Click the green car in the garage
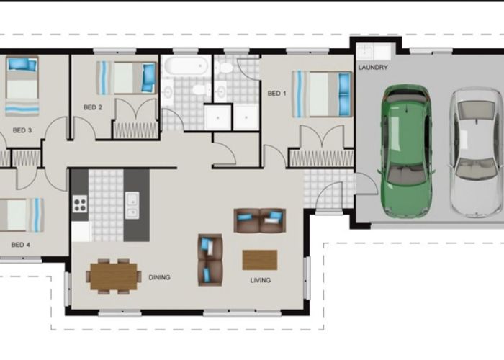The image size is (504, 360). (406, 151)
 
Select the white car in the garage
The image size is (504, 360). (476, 153)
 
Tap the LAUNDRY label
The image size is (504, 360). (373, 68)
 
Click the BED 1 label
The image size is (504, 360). (276, 94)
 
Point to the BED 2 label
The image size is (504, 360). (93, 107)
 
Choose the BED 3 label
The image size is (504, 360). (22, 130)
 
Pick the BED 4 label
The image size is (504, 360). (21, 245)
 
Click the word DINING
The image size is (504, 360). (159, 277)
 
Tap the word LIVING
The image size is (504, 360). (261, 280)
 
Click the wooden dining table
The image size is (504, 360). (114, 276)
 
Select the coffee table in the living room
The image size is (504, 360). (260, 260)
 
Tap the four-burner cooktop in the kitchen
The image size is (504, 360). (80, 204)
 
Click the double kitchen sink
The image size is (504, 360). (132, 205)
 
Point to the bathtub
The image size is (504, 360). (186, 66)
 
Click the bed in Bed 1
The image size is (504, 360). (321, 94)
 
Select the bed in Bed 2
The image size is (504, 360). (126, 78)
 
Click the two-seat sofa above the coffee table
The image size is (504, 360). (260, 220)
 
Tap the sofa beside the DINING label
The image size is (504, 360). (210, 260)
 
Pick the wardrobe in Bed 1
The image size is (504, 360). (321, 159)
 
